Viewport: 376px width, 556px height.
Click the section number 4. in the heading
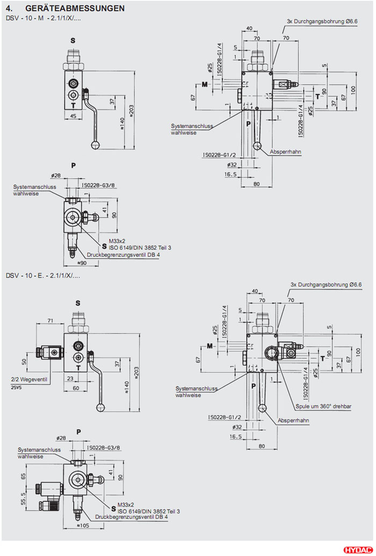pos(9,9)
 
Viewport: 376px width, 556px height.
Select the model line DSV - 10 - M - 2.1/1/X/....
pos(43,18)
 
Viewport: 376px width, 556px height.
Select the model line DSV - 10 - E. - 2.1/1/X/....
pos(43,276)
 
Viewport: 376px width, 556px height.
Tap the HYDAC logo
pos(357,550)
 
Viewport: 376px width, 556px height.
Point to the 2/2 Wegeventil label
pos(30,379)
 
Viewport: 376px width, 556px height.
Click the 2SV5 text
pos(16,387)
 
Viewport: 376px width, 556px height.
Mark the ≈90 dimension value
pos(82,263)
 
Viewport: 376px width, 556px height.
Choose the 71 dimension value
pos(50,321)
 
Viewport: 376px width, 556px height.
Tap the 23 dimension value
pos(70,378)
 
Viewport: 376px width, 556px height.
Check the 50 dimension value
pos(24,362)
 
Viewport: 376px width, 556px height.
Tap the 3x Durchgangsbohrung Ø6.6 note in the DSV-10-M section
pos(322,20)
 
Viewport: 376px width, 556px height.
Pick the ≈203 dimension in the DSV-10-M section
pos(132,110)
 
